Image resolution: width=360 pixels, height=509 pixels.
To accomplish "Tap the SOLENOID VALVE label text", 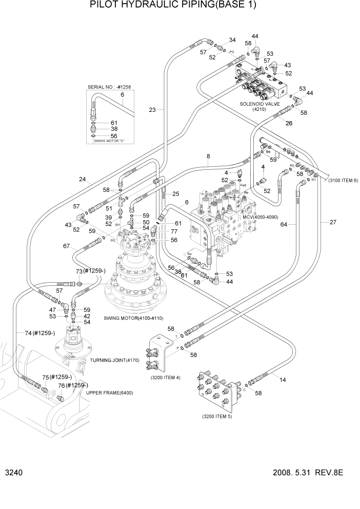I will click(259, 104).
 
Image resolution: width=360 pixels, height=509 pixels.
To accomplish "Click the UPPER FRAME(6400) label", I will click(109, 393).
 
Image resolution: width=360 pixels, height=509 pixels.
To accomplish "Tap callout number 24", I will click(82, 180).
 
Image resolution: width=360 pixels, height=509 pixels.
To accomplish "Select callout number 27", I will click(333, 222).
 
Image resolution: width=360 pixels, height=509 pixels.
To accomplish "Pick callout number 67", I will click(66, 246).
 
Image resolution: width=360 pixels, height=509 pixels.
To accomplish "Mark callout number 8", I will click(208, 156).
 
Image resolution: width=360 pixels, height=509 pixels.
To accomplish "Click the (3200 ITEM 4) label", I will click(165, 378).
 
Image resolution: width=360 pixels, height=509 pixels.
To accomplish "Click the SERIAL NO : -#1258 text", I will click(109, 87).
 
